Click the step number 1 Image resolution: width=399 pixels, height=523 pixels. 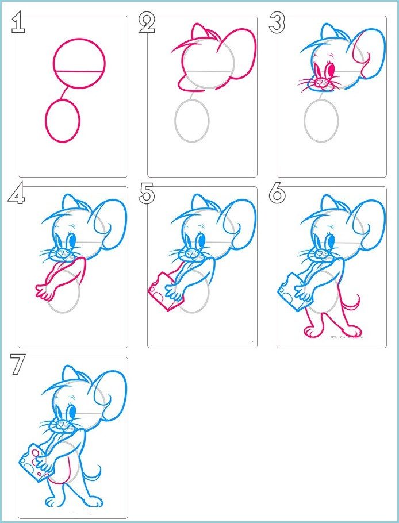17,22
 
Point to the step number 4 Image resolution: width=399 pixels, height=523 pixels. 16,194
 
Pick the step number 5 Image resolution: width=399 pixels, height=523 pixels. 147,194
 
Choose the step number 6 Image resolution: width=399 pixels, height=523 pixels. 277,194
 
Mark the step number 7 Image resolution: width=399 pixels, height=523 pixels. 17,364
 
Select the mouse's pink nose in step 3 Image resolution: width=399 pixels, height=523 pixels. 320,81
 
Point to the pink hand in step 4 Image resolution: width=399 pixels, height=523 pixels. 44,291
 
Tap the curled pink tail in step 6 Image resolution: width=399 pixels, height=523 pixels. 354,305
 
